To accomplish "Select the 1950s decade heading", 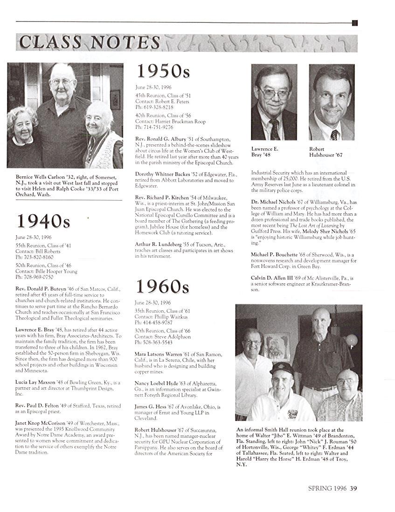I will point(163,71).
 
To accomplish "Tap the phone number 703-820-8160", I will point(35,257).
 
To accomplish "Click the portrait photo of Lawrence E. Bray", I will point(274,103).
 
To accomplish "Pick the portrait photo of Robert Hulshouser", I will point(332,103).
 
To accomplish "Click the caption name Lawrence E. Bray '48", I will point(264,152).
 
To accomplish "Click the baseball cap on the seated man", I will point(282,369).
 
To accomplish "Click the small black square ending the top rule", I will point(355,22).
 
